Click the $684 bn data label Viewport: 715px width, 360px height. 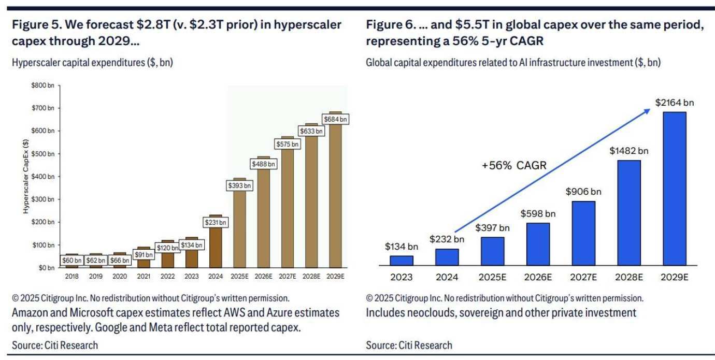336,119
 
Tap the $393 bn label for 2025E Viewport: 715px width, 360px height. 240,185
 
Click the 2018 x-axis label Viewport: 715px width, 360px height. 71,276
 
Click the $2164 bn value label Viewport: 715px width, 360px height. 674,103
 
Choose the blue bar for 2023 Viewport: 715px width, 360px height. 402,260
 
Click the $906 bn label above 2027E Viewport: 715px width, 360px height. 583,192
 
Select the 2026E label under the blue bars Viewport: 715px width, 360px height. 537,277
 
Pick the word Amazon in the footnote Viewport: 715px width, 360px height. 30,313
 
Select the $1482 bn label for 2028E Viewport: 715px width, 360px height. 628,151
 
